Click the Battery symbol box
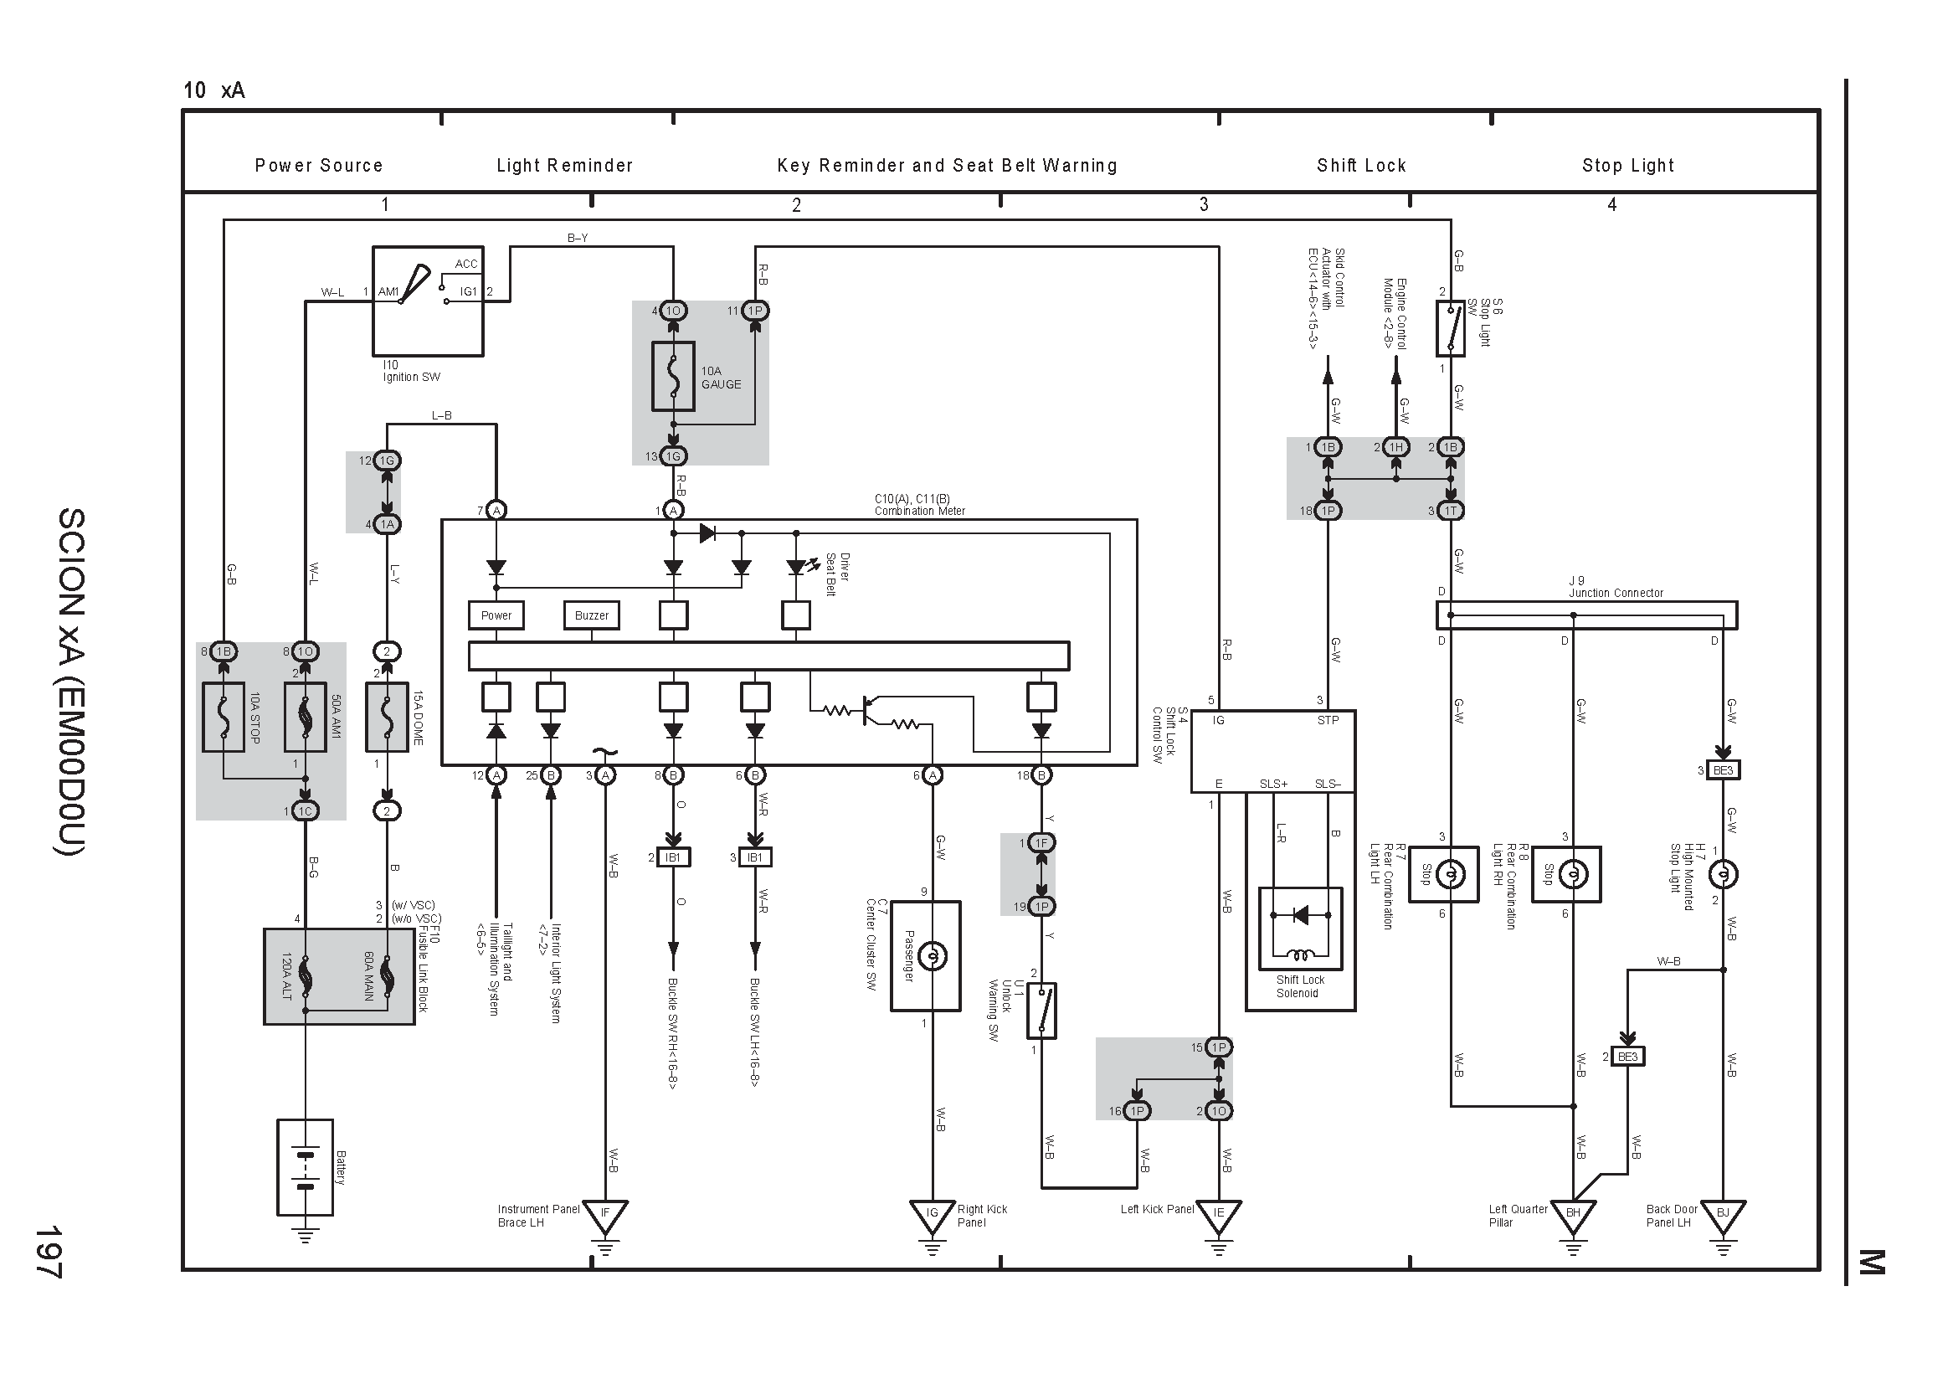305,1166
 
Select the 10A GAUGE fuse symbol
673,377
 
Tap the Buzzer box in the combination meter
591,615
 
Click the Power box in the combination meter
496,615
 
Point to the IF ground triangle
604,1216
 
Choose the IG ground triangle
932,1216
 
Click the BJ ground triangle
1723,1216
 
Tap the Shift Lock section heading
1361,166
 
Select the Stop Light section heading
1628,166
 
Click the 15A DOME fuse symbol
386,718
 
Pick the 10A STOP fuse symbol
224,718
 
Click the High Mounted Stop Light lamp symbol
1723,875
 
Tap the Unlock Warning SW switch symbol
1041,1011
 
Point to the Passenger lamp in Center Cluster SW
932,956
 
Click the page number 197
48,1252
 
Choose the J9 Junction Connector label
1615,587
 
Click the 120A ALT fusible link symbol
305,977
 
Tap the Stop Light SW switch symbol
1450,331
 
